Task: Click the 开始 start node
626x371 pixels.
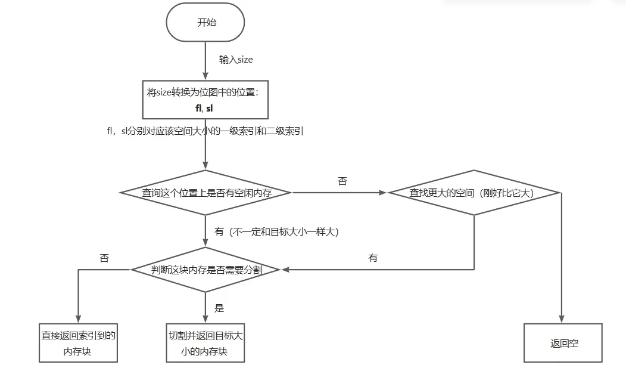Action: [205, 23]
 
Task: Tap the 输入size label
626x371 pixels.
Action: [236, 60]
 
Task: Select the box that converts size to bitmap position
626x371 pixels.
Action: [205, 100]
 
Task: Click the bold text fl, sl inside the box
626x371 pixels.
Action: [204, 108]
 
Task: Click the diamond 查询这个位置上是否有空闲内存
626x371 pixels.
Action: [205, 193]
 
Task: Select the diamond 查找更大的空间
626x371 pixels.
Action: [474, 193]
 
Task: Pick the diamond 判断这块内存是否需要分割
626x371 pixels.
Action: [205, 270]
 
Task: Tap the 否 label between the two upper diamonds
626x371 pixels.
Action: [342, 181]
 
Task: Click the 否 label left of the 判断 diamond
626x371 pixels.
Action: [104, 258]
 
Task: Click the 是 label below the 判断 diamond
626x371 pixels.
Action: [219, 308]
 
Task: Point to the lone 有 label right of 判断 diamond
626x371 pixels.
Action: [373, 258]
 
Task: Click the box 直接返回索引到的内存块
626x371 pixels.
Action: [77, 344]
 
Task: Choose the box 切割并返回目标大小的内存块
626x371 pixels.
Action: [205, 344]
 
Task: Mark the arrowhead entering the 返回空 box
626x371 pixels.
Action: [561, 319]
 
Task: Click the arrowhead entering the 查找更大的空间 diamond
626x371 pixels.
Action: [383, 193]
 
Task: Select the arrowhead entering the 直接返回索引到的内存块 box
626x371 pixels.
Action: [77, 319]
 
